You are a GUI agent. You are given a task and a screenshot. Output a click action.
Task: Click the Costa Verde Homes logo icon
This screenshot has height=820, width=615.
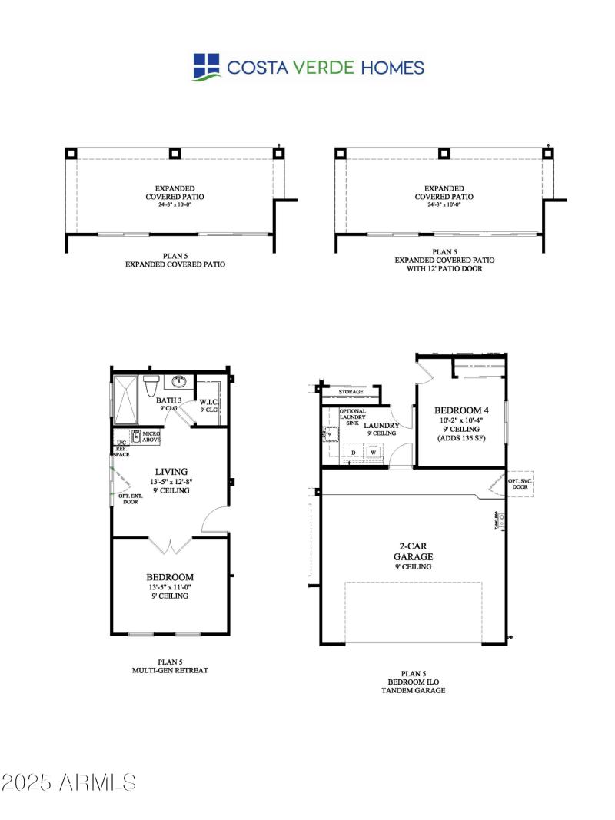[x=207, y=67]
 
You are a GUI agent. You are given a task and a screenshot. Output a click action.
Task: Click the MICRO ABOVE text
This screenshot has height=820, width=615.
[x=150, y=437]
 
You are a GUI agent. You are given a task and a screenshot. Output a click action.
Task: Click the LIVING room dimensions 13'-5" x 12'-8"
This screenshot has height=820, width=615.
[x=171, y=482]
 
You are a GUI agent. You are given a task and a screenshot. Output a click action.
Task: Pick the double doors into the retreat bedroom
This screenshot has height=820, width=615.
[x=171, y=546]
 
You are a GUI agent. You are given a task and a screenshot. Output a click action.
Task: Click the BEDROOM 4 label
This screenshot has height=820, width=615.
[x=461, y=410]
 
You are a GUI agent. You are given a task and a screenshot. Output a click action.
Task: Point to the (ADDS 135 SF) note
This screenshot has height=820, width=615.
[x=461, y=438]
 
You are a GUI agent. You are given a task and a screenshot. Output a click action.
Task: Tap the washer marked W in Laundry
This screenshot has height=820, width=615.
[x=374, y=453]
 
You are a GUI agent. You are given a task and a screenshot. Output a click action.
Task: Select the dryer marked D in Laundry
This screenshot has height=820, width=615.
[x=354, y=453]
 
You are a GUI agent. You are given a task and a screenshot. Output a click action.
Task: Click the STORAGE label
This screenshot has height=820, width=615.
[x=351, y=392]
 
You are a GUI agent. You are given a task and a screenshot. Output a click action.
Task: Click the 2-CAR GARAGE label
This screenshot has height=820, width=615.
[x=414, y=551]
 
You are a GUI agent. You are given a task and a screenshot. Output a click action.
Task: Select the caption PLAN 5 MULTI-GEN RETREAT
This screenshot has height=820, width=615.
[x=171, y=666]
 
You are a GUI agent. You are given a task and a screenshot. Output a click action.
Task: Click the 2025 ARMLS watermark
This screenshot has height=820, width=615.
[x=68, y=783]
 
